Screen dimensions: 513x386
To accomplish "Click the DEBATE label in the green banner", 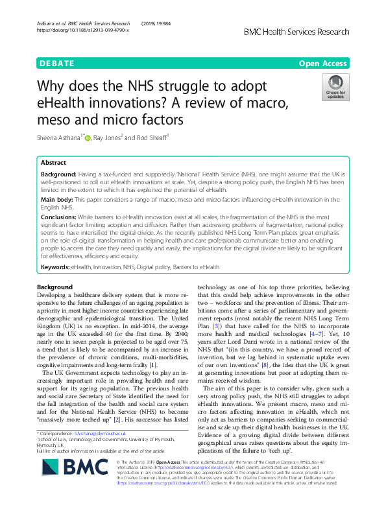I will tap(57, 64).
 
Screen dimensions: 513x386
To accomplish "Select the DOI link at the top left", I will tap(83, 30).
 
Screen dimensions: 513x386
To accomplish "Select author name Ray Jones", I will tap(114, 137).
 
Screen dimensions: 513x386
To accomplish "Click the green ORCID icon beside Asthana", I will tap(88, 137).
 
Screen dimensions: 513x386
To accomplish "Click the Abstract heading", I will tap(53, 163).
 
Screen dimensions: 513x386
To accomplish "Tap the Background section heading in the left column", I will tap(55, 287).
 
